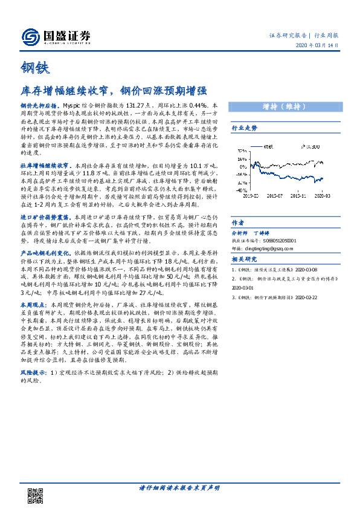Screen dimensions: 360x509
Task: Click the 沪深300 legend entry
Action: tap(310, 147)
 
